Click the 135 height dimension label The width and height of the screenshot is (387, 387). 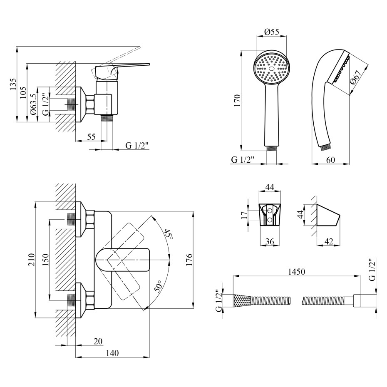13,84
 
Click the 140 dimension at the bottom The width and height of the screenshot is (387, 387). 112,353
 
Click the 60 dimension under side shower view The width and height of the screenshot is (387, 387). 331,160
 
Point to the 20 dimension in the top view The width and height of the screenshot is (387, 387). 98,341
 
